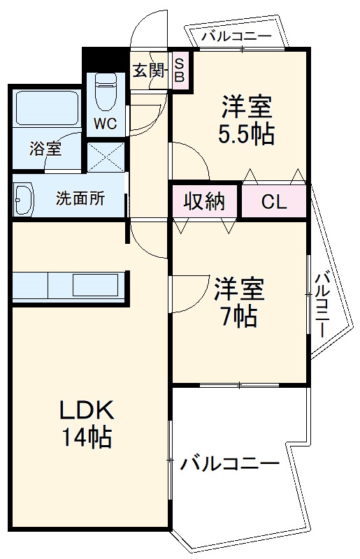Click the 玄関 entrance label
click(x=149, y=71)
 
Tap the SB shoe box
click(x=179, y=71)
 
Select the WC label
click(x=106, y=125)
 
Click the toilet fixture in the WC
click(x=106, y=91)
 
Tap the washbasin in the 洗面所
click(x=23, y=198)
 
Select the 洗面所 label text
click(x=80, y=198)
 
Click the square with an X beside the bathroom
click(x=106, y=157)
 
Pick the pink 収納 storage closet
click(x=205, y=202)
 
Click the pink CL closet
click(x=273, y=202)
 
